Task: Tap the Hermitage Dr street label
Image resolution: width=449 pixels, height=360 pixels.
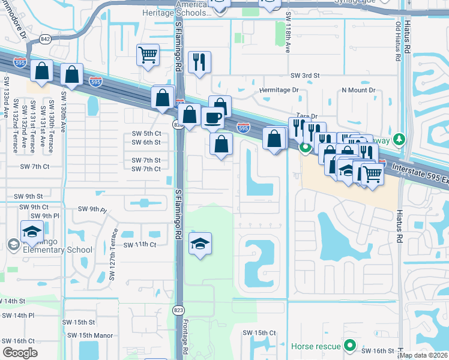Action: click(279, 90)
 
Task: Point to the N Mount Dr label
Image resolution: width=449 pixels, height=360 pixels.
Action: click(358, 90)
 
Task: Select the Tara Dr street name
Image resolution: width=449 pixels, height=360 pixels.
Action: click(305, 116)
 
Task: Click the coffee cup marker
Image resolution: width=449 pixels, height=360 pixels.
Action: click(212, 117)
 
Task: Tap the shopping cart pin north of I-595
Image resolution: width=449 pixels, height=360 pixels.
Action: click(148, 55)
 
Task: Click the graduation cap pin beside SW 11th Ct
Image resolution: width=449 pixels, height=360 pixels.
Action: click(200, 243)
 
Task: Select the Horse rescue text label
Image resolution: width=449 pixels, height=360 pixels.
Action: click(316, 346)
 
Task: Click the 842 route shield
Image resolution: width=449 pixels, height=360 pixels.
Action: click(45, 38)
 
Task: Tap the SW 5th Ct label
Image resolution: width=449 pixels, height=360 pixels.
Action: click(146, 133)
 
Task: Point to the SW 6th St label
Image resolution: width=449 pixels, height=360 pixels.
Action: click(146, 142)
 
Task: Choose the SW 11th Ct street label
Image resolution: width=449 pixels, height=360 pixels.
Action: click(140, 245)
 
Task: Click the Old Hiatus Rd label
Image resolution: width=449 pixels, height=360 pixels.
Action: click(397, 41)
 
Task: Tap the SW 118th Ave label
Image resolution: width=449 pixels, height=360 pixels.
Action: click(288, 34)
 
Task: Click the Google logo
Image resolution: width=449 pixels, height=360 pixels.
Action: click(20, 353)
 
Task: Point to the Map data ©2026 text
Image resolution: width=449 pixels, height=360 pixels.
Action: click(424, 355)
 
